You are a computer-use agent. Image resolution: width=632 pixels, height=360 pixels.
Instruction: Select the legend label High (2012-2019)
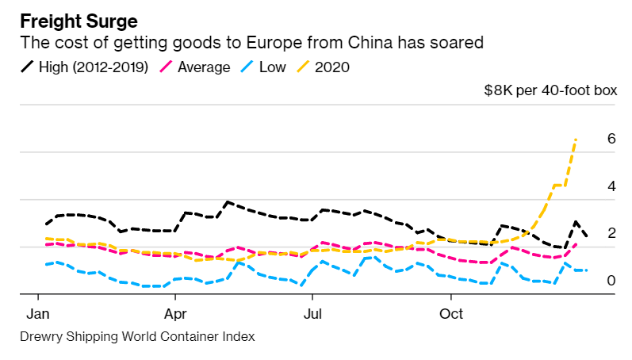[x=96, y=67]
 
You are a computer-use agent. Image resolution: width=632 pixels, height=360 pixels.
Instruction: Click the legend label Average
[x=204, y=67]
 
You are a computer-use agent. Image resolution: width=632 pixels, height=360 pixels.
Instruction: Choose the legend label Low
[x=273, y=67]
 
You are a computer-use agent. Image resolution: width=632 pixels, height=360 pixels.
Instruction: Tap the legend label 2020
[x=332, y=67]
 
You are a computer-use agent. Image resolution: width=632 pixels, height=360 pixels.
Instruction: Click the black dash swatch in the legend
[x=28, y=67]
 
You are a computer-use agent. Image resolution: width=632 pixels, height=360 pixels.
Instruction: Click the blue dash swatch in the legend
[x=247, y=67]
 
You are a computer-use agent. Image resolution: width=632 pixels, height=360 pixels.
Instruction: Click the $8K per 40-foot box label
[x=550, y=90]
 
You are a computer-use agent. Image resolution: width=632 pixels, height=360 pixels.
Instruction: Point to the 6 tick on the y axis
[x=611, y=139]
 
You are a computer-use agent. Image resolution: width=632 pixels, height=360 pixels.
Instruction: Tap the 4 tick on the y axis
[x=611, y=186]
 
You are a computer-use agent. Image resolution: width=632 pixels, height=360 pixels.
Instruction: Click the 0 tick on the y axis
[x=611, y=281]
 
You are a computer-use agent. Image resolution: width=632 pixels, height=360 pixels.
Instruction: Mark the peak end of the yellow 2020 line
[x=576, y=140]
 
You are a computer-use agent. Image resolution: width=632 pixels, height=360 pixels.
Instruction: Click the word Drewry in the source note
[x=40, y=337]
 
